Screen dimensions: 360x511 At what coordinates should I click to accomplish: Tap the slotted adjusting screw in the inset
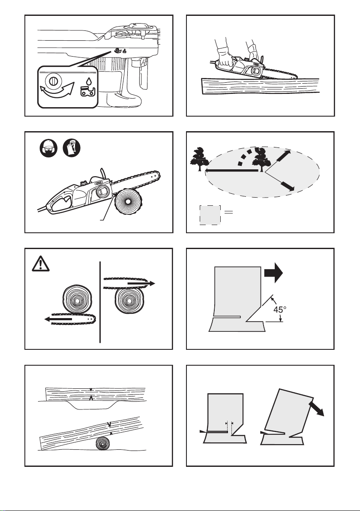coord(51,81)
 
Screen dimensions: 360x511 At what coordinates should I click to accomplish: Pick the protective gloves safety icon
coord(72,147)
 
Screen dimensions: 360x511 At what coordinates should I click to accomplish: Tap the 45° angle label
coord(279,309)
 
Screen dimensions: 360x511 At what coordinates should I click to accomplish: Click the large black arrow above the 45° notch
coord(273,273)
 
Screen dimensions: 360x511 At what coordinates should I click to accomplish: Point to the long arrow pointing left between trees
coord(231,170)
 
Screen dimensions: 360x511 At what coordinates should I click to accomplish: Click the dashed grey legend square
coord(210,215)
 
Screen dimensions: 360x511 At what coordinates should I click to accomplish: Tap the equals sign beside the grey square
coord(229,212)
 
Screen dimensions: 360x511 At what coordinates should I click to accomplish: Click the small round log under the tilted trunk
coord(103,444)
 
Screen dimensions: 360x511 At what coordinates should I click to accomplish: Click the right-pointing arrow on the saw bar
coord(141,283)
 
